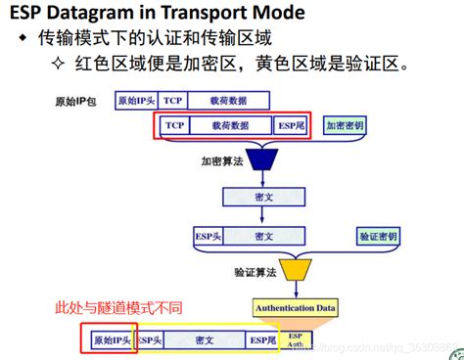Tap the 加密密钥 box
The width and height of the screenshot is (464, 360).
(x=346, y=126)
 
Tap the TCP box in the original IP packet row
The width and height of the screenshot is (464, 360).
(x=173, y=101)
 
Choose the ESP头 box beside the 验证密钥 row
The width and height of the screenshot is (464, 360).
(x=207, y=237)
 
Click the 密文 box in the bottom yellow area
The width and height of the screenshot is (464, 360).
(x=205, y=339)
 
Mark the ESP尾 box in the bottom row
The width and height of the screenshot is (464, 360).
(x=261, y=339)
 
